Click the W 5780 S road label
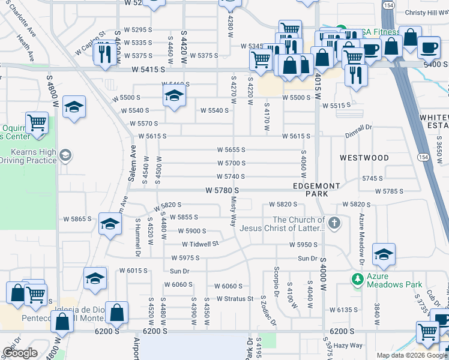222,190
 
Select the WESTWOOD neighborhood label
364,158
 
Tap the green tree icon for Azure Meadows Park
358,279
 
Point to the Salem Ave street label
133,160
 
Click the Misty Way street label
233,214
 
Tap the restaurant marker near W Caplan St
105,53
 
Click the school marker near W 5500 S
174,96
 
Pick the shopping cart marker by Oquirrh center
37,122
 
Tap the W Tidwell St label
200,244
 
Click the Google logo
20,353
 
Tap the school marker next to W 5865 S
110,224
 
